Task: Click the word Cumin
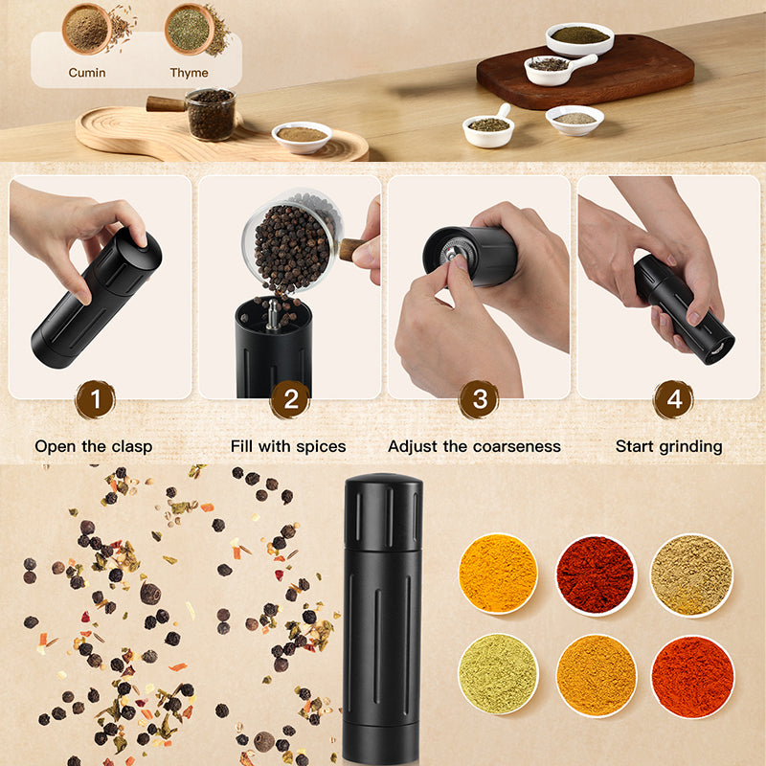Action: (x=86, y=73)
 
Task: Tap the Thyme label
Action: (x=189, y=73)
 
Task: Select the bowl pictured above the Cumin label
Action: (x=87, y=29)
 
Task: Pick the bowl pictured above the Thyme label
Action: (x=189, y=29)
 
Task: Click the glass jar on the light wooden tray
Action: (x=210, y=114)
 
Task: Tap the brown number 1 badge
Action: (x=95, y=399)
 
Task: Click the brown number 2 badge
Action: (x=289, y=399)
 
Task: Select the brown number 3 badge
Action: (x=479, y=399)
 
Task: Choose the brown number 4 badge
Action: (x=673, y=399)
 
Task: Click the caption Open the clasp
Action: (x=94, y=446)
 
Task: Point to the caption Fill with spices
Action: (x=288, y=446)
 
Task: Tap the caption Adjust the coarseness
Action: (x=474, y=446)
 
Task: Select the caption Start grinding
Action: (x=668, y=446)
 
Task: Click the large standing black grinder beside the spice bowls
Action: (x=382, y=613)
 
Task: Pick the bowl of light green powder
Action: (x=498, y=674)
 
